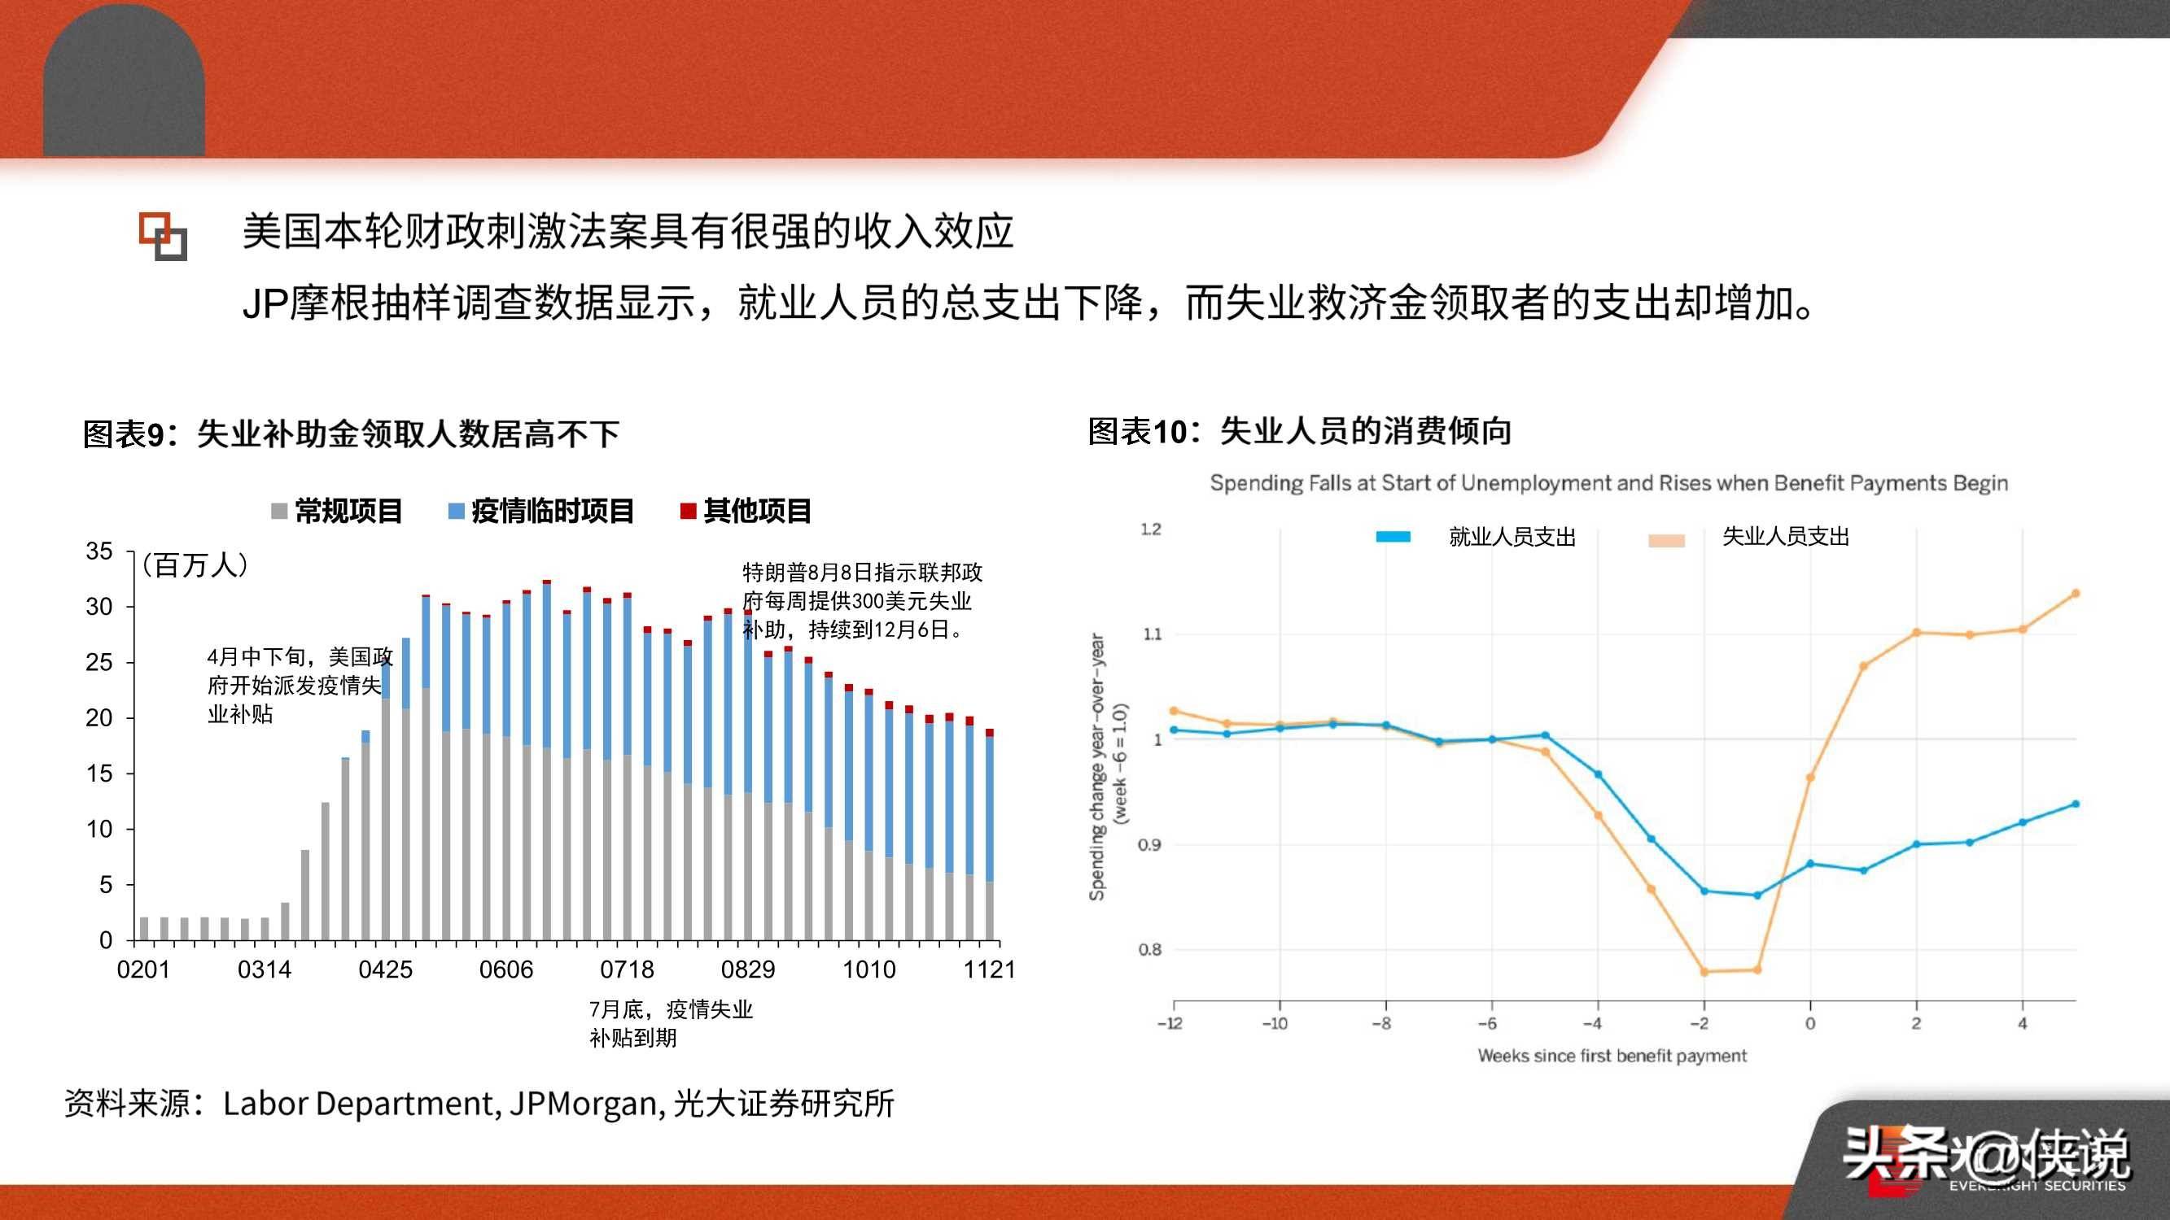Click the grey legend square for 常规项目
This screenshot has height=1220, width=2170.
[x=280, y=511]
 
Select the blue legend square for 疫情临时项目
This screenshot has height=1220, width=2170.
[x=456, y=511]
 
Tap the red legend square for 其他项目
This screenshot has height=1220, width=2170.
[x=689, y=511]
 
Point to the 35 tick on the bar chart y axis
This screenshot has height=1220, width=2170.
[x=98, y=551]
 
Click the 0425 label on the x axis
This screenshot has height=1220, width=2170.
[x=385, y=970]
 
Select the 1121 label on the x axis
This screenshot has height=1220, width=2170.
[x=989, y=970]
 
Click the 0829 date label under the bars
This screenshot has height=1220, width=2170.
[x=747, y=970]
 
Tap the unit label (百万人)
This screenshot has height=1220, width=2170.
[x=195, y=565]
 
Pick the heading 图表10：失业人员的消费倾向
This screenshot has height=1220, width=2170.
[x=1299, y=431]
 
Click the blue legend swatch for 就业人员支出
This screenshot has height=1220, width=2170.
[x=1393, y=536]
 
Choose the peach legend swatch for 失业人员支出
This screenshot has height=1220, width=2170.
[x=1666, y=541]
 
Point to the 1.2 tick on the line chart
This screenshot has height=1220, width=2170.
[x=1150, y=529]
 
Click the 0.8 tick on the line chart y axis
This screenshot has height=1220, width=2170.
[x=1150, y=950]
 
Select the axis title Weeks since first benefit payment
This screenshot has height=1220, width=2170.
[x=1612, y=1056]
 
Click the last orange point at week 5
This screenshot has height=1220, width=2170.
[x=2076, y=594]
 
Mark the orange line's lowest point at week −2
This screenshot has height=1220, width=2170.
[x=1704, y=972]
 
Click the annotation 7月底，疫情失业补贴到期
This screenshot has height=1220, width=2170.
[x=670, y=1023]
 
